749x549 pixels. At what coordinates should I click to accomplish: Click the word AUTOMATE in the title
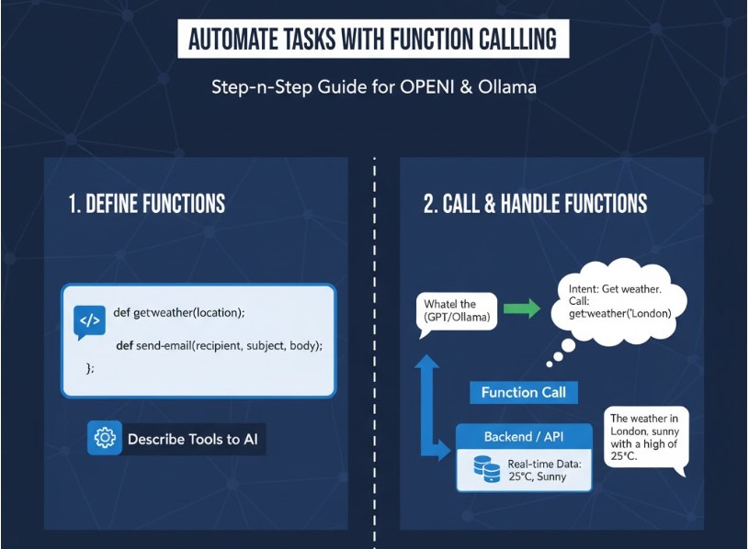pyautogui.click(x=234, y=40)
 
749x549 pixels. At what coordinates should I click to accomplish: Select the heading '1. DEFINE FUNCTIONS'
pyautogui.click(x=147, y=204)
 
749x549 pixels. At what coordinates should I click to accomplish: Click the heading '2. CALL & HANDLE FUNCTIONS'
pyautogui.click(x=535, y=204)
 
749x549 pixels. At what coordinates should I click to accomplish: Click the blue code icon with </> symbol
pyautogui.click(x=89, y=321)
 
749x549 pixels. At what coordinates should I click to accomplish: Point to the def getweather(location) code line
pyautogui.click(x=179, y=313)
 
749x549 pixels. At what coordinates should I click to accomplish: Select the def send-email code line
pyautogui.click(x=220, y=345)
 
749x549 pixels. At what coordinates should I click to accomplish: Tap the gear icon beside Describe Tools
pyautogui.click(x=105, y=439)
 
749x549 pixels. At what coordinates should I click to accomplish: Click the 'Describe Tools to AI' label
pyautogui.click(x=193, y=439)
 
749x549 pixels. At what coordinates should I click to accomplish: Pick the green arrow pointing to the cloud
pyautogui.click(x=522, y=308)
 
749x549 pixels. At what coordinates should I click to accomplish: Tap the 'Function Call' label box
pyautogui.click(x=523, y=393)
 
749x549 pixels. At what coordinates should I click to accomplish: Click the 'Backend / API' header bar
pyautogui.click(x=524, y=437)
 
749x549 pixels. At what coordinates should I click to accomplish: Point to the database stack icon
pyautogui.click(x=486, y=469)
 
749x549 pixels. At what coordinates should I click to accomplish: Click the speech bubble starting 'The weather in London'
pyautogui.click(x=643, y=437)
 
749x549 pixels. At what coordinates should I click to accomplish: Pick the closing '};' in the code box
pyautogui.click(x=90, y=367)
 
